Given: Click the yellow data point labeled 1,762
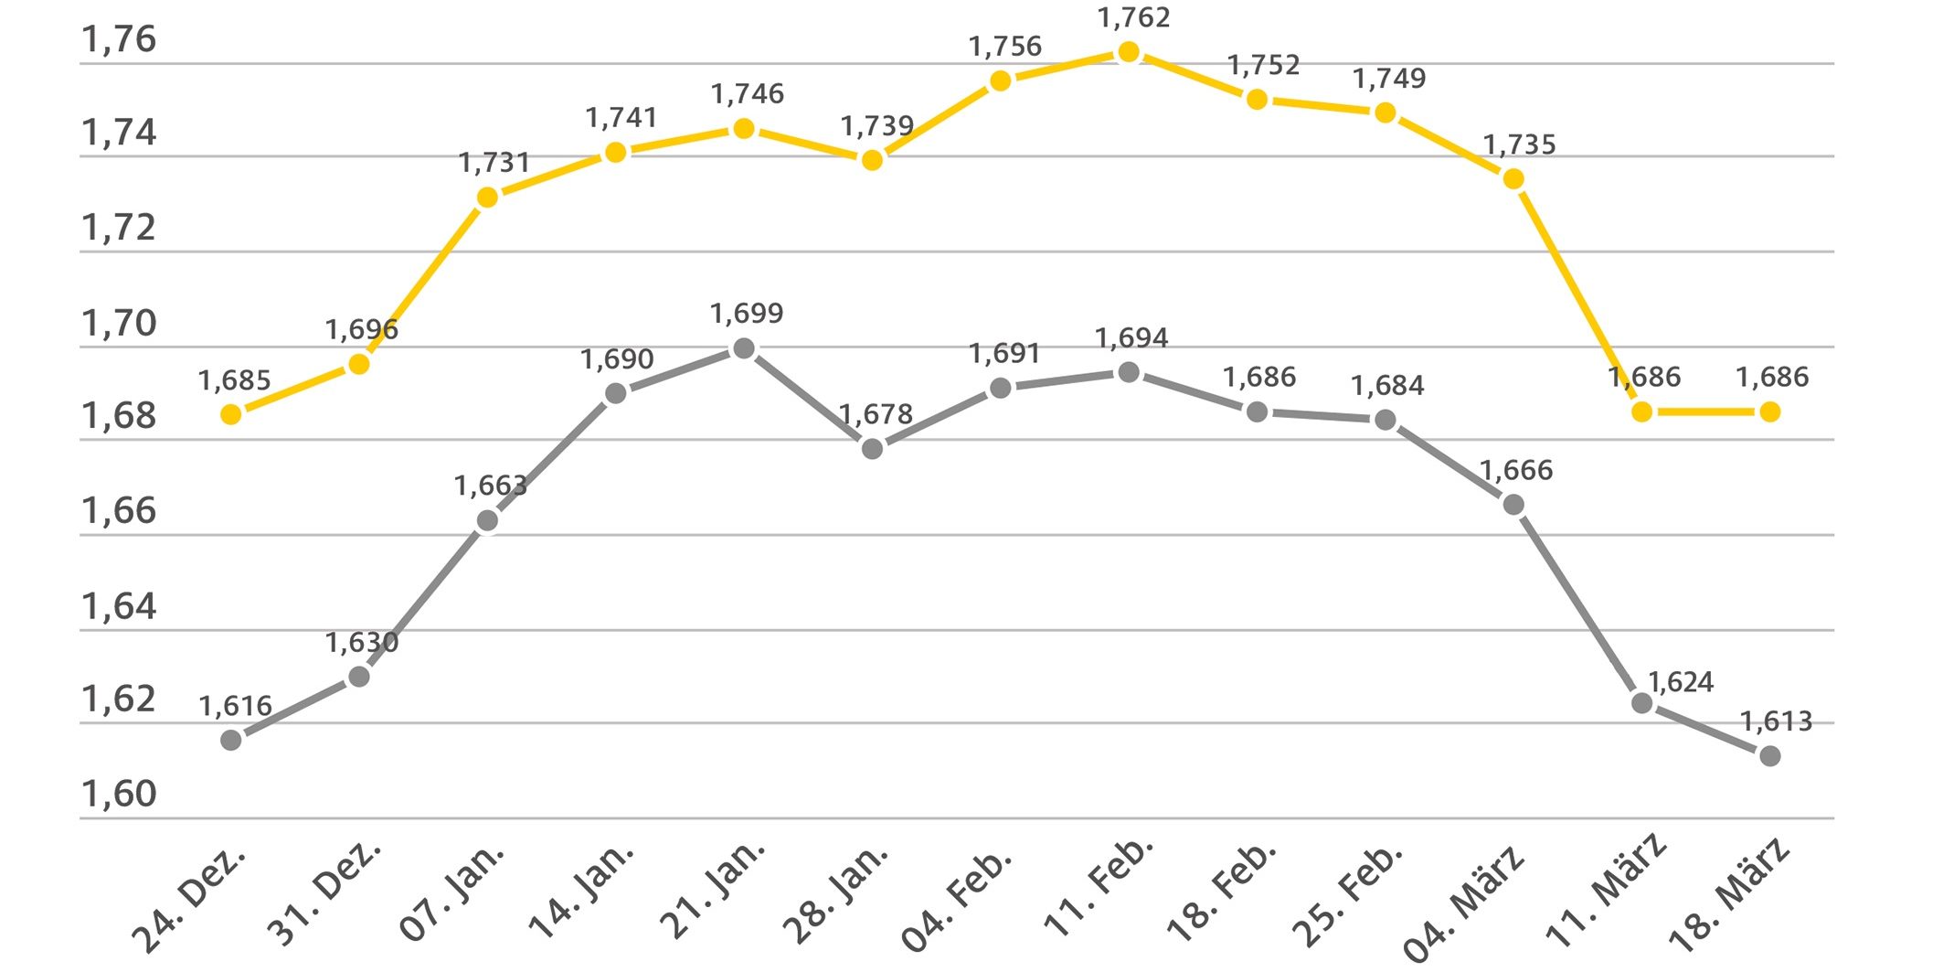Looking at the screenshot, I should click(1129, 53).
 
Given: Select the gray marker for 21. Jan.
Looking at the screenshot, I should click(744, 348).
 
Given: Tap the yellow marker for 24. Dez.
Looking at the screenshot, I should click(231, 414).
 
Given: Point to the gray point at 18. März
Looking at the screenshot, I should click(1769, 756).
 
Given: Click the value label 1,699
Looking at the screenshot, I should click(747, 314).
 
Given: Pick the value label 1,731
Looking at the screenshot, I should click(494, 163).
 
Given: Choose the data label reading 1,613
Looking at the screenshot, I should click(1776, 721).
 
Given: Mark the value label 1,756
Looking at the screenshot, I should click(1004, 46).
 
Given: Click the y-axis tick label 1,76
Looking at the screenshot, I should click(119, 39).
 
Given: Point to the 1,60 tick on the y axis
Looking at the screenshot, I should click(119, 794).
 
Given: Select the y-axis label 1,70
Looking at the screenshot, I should click(119, 323).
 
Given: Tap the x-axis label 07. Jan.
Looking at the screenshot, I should click(452, 893).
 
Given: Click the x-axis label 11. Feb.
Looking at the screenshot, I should click(1099, 887).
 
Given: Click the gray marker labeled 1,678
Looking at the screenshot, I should click(873, 449).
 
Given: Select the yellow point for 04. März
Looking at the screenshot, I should click(1513, 179).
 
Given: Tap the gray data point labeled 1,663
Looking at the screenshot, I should click(487, 520).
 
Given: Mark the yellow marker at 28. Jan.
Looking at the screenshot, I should click(873, 160).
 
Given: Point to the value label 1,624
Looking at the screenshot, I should click(1681, 682).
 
